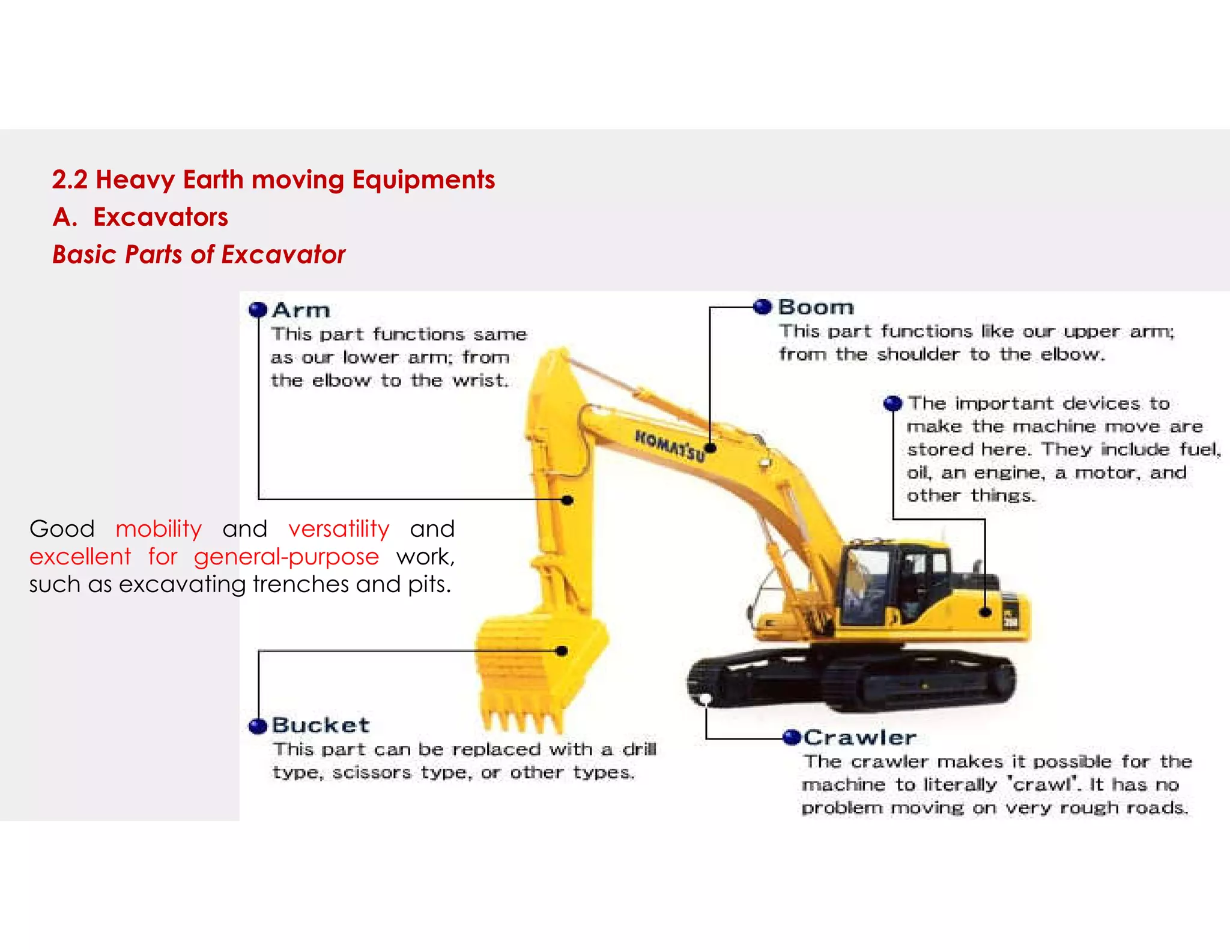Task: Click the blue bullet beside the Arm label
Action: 258,310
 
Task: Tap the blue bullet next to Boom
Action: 763,307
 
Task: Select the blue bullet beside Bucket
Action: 258,726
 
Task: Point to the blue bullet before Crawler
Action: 792,737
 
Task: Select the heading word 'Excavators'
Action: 160,217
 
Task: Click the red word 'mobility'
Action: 159,529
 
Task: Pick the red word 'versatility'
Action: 339,529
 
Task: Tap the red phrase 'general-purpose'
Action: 286,557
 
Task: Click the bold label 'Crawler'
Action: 860,737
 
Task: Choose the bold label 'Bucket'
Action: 321,725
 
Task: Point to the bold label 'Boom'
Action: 816,307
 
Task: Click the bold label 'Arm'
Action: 301,310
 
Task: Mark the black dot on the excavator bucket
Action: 562,651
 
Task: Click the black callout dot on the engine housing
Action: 985,613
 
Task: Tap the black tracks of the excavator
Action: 853,682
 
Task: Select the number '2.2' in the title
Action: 70,180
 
